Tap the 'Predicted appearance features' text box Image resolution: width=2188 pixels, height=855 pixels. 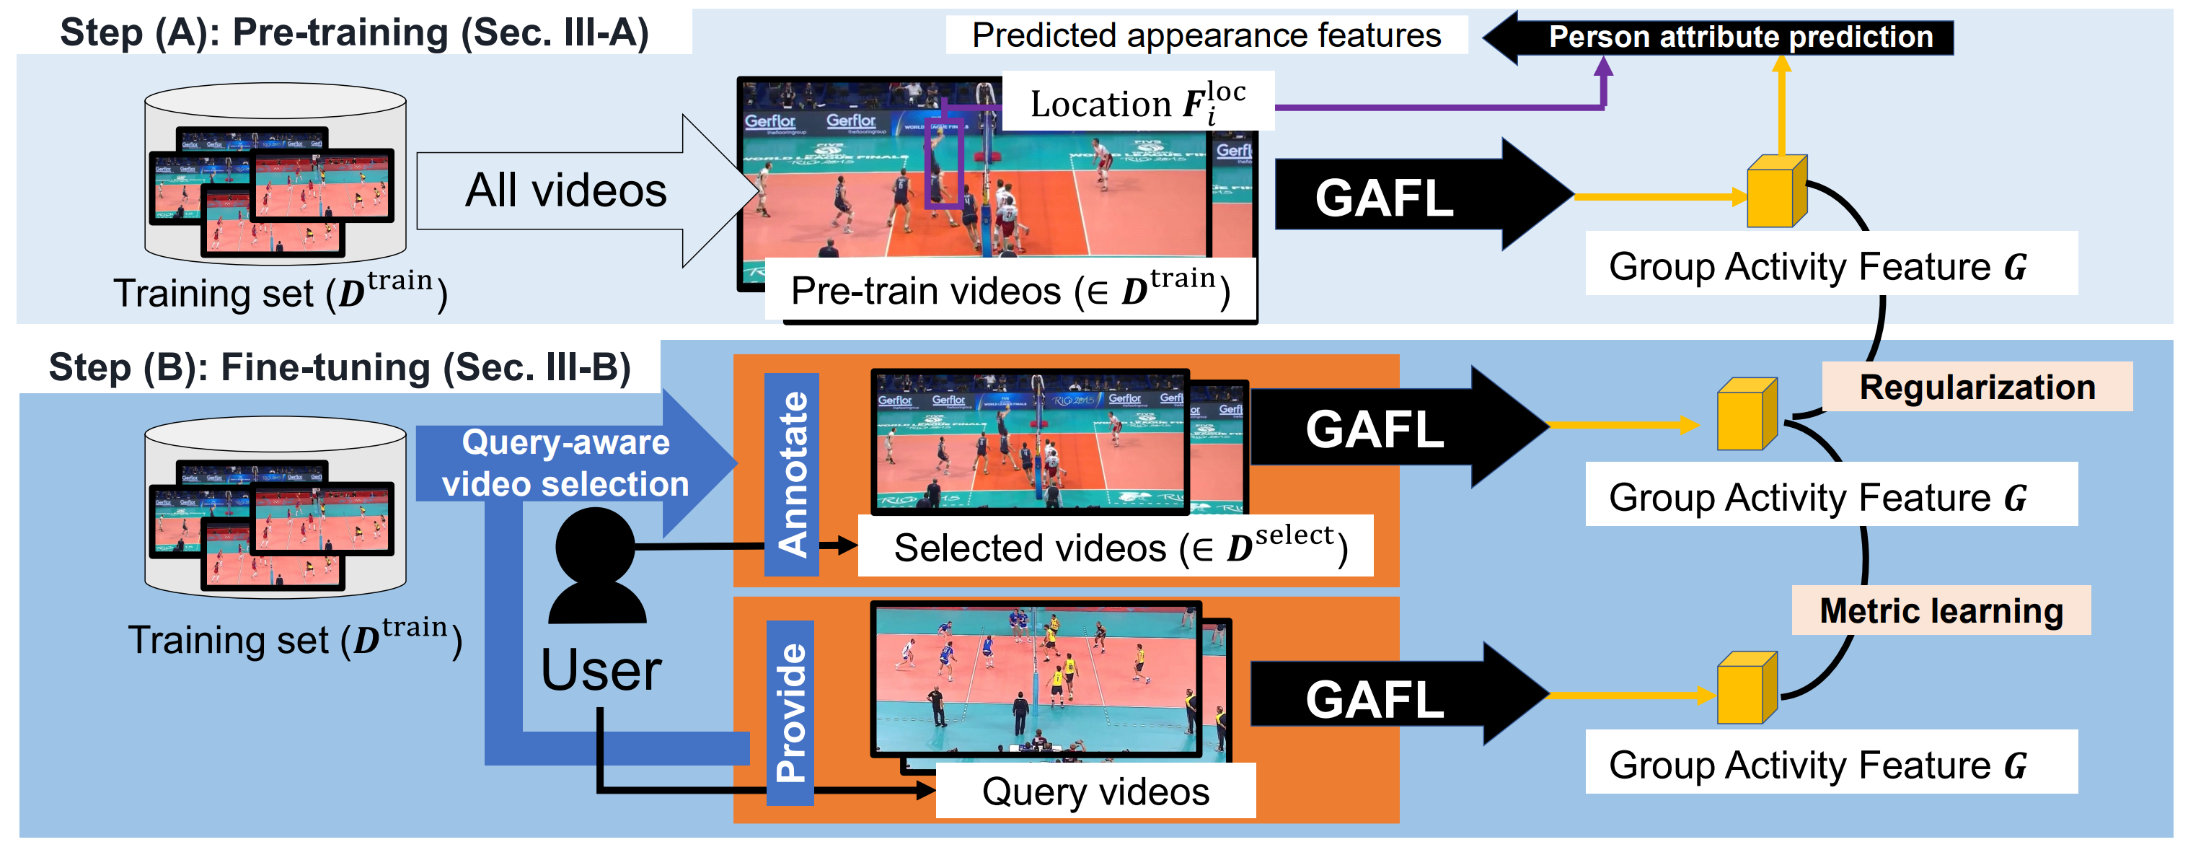click(1206, 35)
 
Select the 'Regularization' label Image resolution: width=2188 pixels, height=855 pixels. click(1977, 387)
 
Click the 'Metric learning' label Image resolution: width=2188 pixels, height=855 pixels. click(1941, 611)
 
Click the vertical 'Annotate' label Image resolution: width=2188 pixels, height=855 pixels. click(792, 475)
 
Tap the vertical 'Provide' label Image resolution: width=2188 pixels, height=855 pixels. click(790, 712)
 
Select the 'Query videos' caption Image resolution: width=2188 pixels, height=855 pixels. click(1095, 792)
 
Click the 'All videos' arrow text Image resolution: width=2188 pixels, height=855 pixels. click(565, 190)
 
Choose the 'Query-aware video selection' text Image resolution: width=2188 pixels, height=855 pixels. click(565, 463)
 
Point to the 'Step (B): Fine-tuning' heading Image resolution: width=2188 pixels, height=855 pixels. click(339, 368)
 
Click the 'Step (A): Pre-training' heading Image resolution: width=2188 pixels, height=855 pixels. click(354, 33)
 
